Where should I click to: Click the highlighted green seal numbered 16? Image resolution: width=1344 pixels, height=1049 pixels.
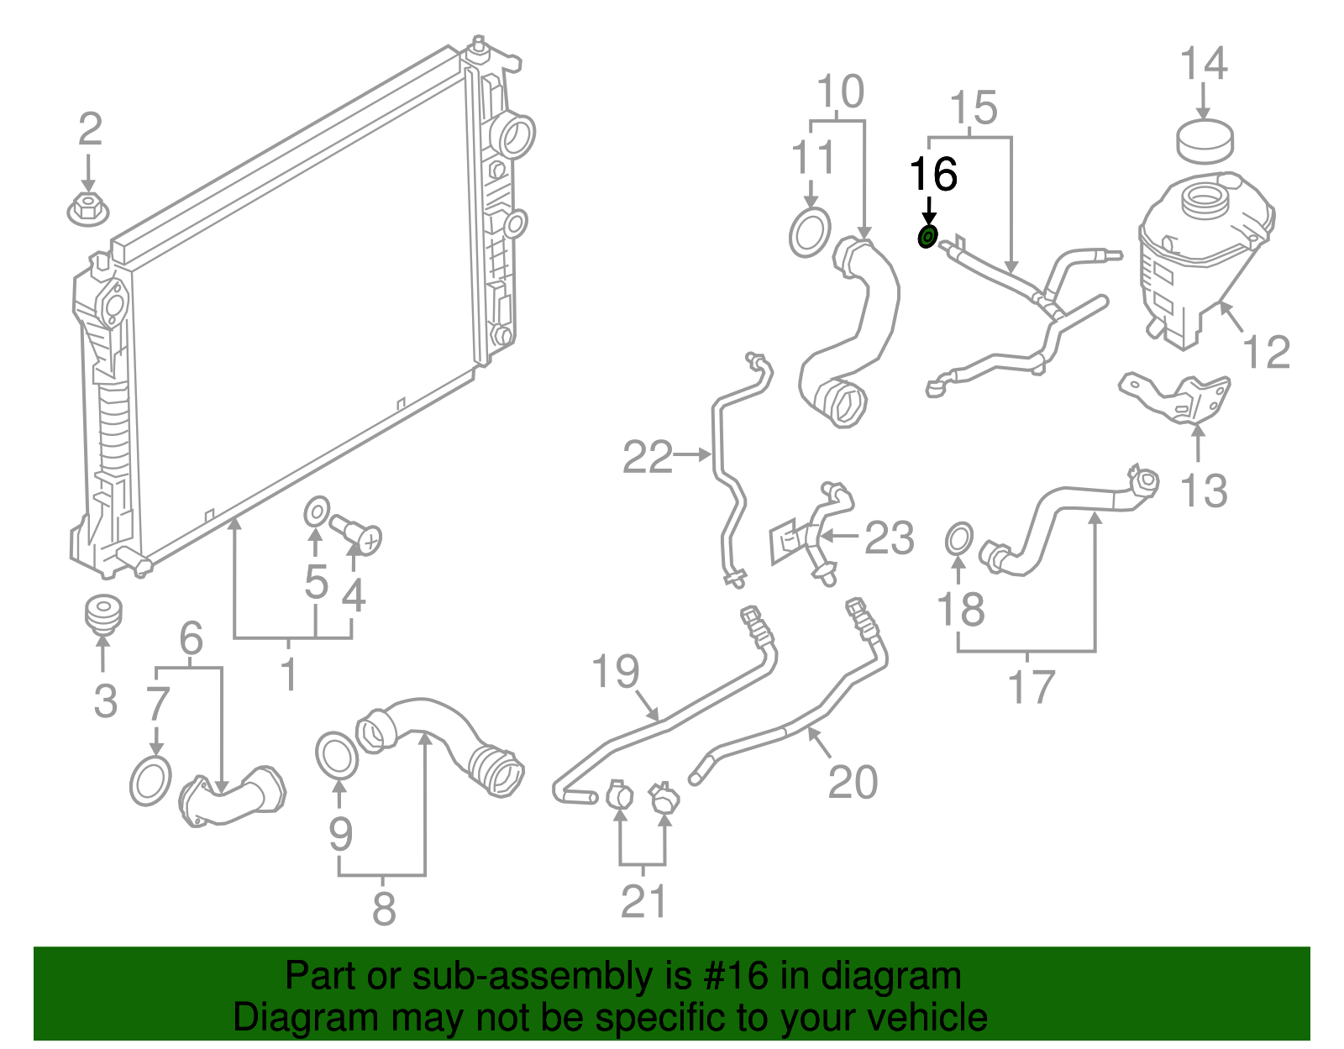[927, 238]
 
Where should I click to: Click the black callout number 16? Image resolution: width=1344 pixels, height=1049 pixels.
[933, 175]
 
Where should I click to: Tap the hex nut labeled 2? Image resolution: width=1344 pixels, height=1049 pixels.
[87, 208]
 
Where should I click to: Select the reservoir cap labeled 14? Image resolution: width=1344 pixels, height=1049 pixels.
[1205, 141]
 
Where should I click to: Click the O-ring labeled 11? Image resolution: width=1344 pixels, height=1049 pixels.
[811, 233]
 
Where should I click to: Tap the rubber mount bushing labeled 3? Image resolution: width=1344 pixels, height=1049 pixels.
[103, 614]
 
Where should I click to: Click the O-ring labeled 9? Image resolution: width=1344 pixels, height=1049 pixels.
[337, 756]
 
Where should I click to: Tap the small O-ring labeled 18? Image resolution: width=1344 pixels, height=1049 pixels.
[959, 539]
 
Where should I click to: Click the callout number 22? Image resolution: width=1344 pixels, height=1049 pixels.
[647, 458]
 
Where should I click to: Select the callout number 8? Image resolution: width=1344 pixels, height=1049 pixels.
[384, 909]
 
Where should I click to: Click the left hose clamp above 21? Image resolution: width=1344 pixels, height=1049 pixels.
[619, 794]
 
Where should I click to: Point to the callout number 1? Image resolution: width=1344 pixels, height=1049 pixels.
[289, 674]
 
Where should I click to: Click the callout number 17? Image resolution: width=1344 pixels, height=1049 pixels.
[1032, 687]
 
